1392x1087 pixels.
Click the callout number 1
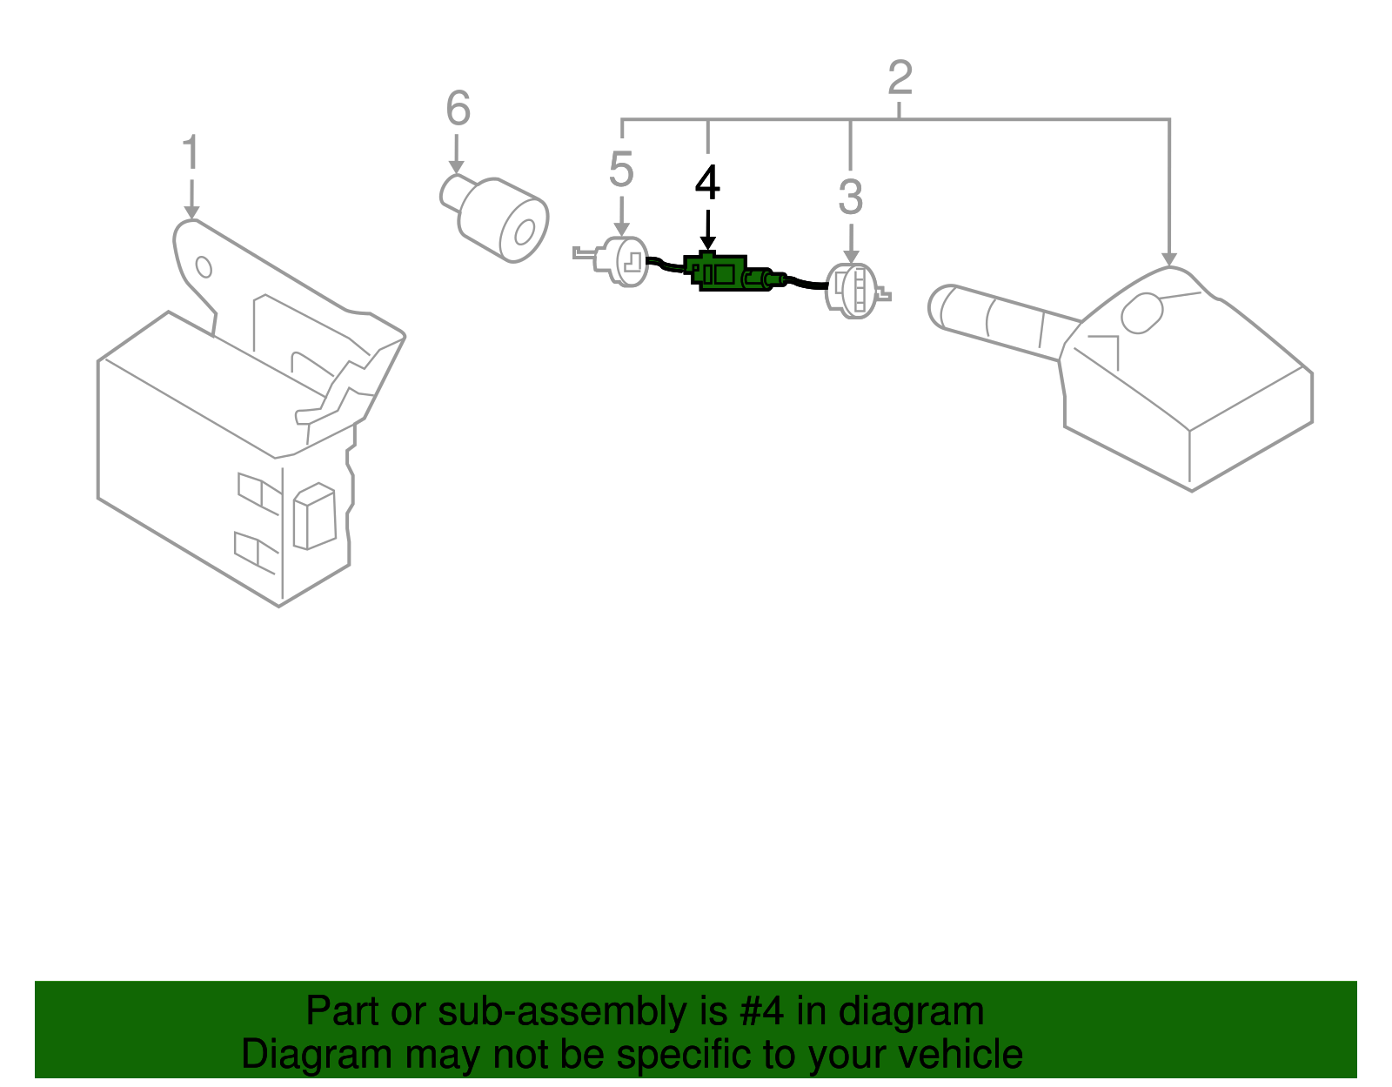pos(191,153)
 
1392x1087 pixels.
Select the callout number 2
pos(900,78)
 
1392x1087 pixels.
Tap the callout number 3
pos(850,198)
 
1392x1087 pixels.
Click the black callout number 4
pos(707,185)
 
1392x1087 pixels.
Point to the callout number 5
pos(621,170)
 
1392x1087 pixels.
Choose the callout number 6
pos(458,110)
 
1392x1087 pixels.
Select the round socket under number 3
pos(854,290)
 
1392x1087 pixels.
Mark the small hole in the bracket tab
pos(204,266)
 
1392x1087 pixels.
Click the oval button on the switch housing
pos(1141,313)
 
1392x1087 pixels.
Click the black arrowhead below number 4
pos(707,243)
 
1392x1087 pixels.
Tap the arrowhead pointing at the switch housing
pos(1168,258)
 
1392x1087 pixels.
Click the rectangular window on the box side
pos(314,520)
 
